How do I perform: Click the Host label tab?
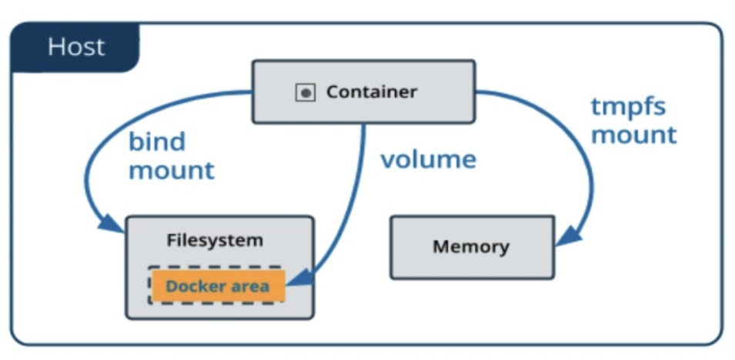(x=75, y=48)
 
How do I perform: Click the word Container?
(x=372, y=92)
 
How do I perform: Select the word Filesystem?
(x=215, y=240)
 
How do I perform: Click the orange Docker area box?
(x=218, y=286)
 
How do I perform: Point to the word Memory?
(x=471, y=247)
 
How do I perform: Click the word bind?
(x=157, y=142)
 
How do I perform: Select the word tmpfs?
(x=629, y=107)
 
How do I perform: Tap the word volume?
(x=428, y=160)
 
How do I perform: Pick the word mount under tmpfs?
(x=633, y=135)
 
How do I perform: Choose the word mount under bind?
(x=171, y=170)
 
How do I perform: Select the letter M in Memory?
(x=441, y=247)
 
